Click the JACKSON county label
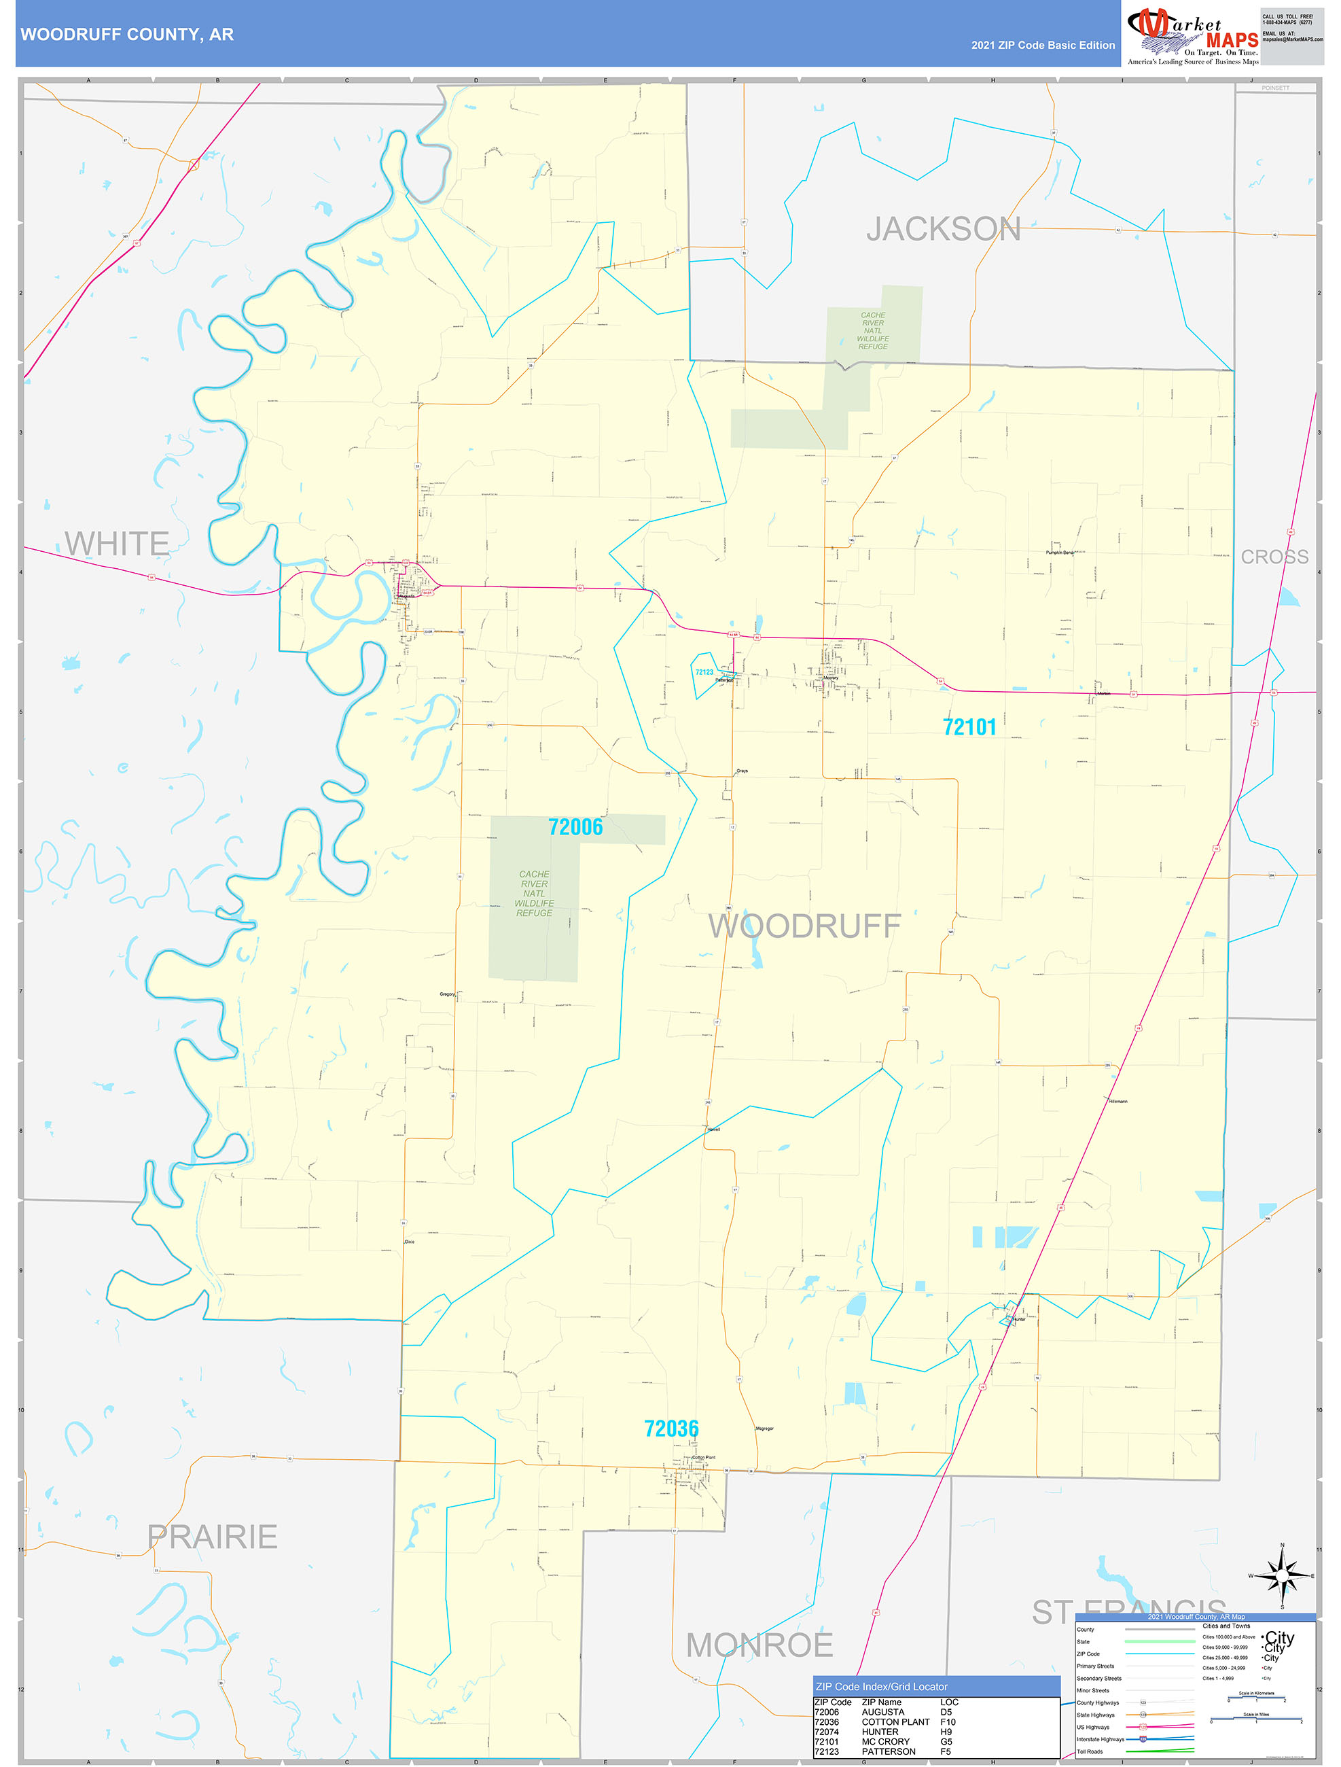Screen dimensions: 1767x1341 coord(944,229)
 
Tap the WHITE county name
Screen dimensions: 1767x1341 coord(117,543)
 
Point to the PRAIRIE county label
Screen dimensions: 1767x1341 coord(213,1536)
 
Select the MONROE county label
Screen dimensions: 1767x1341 coord(759,1645)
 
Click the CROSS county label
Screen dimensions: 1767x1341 coord(1274,557)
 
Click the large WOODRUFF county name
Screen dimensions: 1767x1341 coord(804,926)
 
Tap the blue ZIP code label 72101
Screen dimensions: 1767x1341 coord(969,727)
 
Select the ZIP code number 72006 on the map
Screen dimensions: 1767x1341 coord(575,827)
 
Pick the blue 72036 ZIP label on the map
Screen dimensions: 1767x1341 coord(671,1429)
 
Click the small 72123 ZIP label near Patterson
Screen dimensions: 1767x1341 coord(704,672)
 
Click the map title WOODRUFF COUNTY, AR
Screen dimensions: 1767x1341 coord(127,35)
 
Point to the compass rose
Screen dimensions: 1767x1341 coord(1282,1575)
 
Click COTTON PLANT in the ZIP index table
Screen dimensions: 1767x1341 coord(895,1721)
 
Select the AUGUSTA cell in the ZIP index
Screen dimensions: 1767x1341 coord(882,1712)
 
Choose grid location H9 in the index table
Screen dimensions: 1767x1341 coord(946,1731)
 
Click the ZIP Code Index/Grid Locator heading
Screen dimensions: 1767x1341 coord(881,1686)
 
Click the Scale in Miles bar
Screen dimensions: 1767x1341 coord(1256,1719)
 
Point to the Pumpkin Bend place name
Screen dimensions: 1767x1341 coord(1059,552)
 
